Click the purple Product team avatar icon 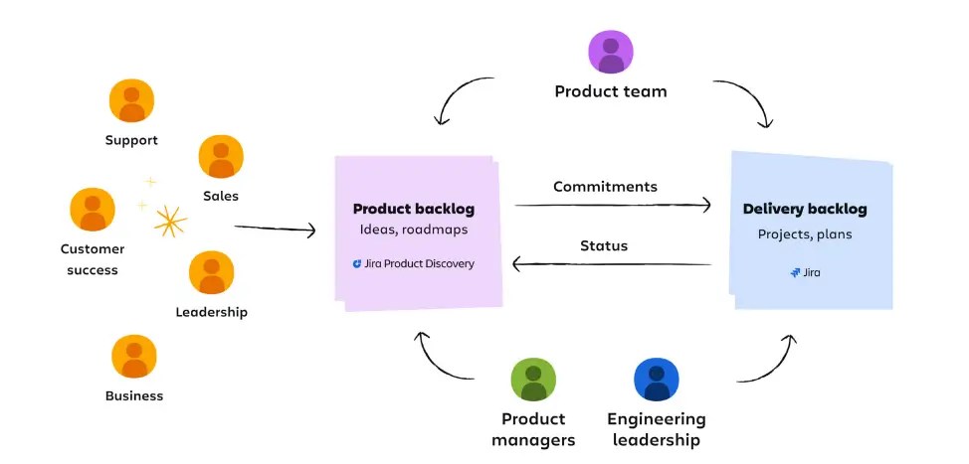tap(611, 52)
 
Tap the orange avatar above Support tap(131, 102)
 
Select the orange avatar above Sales tap(221, 157)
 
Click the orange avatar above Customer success tap(92, 210)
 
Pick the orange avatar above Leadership tap(211, 272)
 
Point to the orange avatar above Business tap(133, 357)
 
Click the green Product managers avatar tap(533, 380)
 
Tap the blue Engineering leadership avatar tap(656, 380)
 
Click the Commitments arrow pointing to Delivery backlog tap(613, 205)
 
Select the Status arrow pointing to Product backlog tap(613, 264)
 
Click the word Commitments tap(605, 186)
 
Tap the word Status tap(604, 245)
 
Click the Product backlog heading tap(413, 209)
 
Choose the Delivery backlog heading tap(805, 209)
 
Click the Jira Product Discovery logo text tap(413, 264)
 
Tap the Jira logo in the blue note tap(805, 271)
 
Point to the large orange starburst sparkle tap(170, 223)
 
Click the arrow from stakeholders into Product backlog tap(275, 229)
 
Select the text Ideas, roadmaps tap(413, 231)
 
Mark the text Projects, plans tap(805, 235)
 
